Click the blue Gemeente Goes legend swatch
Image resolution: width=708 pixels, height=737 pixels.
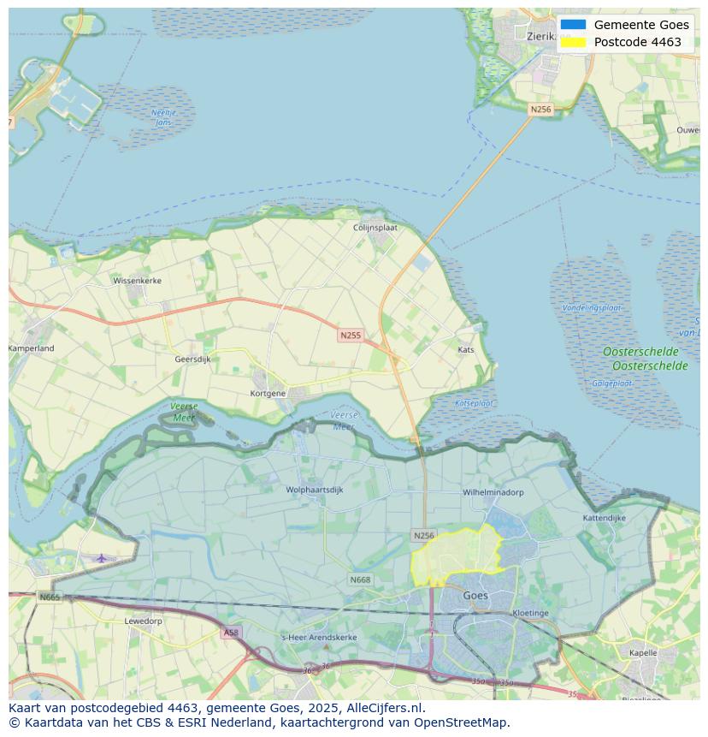point(574,25)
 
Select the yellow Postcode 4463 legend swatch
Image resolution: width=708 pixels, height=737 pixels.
point(574,42)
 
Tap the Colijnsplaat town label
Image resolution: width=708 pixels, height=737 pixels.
point(376,228)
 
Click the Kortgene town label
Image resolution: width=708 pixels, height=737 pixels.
point(268,394)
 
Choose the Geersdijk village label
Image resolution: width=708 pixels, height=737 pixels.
point(192,360)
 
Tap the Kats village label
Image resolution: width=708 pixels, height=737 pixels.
point(466,350)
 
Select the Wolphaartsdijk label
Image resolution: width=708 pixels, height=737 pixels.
point(315,490)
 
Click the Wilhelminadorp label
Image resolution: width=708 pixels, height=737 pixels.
point(493,493)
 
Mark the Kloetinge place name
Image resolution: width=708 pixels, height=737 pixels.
point(530,613)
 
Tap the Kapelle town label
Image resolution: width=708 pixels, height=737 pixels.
point(643,652)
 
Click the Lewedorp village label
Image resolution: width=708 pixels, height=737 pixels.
point(143,621)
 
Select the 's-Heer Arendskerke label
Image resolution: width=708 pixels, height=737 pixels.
point(319,638)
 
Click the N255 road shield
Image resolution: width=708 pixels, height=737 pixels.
point(350,336)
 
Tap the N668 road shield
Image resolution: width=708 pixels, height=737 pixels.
point(360,580)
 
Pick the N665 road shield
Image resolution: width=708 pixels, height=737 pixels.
point(50,597)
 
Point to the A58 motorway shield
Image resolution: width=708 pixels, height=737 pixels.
point(231,633)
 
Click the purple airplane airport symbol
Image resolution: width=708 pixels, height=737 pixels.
point(102,558)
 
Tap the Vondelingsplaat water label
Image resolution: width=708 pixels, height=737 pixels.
point(592,307)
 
